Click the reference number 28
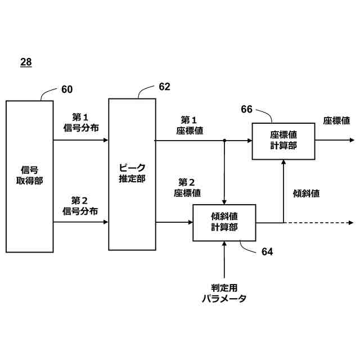click(26, 62)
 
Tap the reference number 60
click(67, 89)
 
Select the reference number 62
click(164, 87)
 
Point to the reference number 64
click(267, 252)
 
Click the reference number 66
click(247, 109)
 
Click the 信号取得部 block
click(30, 175)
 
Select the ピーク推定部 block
click(132, 174)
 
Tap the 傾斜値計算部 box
click(224, 222)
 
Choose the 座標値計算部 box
click(283, 140)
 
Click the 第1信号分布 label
click(80, 123)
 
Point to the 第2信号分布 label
click(80, 205)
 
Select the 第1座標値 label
click(188, 125)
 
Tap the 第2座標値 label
click(187, 187)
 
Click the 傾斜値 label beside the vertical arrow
click(307, 193)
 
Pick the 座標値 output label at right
click(336, 120)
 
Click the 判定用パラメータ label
click(224, 293)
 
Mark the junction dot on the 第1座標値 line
click(224, 140)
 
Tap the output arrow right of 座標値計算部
click(334, 140)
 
